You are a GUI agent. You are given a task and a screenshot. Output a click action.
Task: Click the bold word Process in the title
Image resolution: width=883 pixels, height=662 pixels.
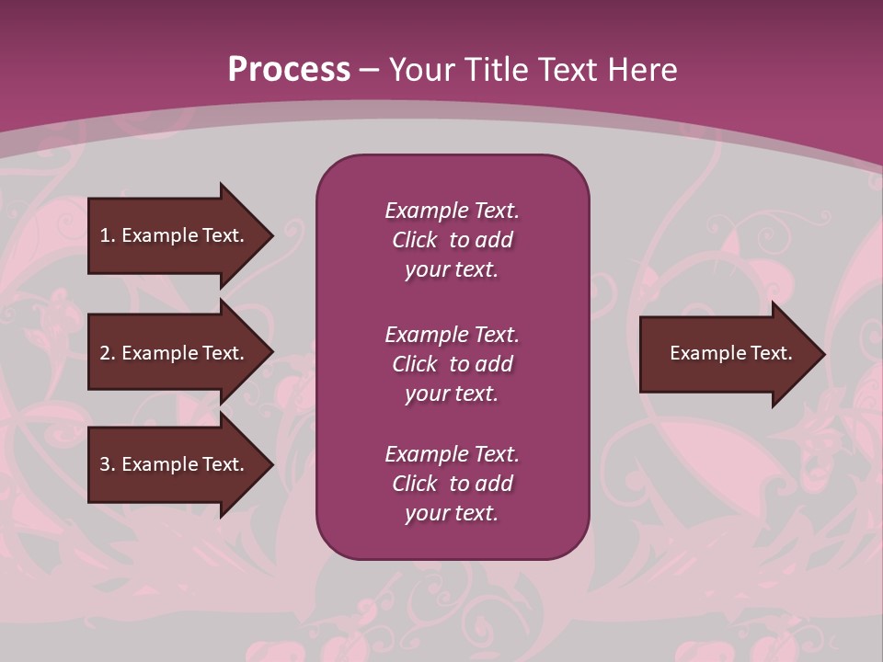click(x=289, y=70)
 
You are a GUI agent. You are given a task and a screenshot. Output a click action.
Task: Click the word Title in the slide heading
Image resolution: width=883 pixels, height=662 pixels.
click(x=496, y=70)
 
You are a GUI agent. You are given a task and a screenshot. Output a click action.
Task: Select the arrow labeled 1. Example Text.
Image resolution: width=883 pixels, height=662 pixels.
click(x=172, y=235)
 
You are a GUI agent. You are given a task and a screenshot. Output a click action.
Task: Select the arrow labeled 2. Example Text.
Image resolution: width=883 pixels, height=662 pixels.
click(x=172, y=353)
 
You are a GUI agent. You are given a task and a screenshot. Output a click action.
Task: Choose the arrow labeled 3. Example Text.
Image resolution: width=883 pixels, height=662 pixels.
click(x=172, y=464)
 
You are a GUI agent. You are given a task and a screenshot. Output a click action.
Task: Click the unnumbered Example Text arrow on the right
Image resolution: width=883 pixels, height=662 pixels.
click(x=730, y=353)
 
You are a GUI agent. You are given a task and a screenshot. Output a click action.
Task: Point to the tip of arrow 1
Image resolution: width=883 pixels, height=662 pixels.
click(x=271, y=235)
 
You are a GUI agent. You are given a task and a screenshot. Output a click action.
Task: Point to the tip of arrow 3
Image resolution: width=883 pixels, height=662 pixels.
click(x=271, y=464)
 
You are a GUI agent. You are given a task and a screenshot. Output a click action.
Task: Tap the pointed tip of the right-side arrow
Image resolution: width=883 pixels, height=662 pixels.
click(x=823, y=354)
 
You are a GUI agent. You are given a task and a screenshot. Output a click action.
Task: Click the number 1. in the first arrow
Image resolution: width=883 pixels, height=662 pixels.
click(x=107, y=235)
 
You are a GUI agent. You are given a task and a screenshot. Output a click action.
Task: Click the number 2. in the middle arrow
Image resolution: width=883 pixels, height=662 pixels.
click(x=107, y=353)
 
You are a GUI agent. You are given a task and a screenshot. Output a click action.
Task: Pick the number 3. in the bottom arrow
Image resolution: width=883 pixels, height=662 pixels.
click(x=107, y=464)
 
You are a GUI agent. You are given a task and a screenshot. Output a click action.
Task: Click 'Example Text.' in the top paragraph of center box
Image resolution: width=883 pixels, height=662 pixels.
click(x=452, y=211)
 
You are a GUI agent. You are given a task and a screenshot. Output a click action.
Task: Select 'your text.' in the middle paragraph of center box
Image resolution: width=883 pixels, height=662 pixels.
click(x=452, y=394)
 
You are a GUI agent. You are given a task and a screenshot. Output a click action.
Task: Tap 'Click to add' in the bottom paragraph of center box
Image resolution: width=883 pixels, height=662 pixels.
click(x=452, y=484)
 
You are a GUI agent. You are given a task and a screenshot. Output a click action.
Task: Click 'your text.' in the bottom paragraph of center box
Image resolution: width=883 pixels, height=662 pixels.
click(x=452, y=513)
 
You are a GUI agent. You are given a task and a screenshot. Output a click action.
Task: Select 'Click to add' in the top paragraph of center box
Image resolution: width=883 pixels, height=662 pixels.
click(x=452, y=240)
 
